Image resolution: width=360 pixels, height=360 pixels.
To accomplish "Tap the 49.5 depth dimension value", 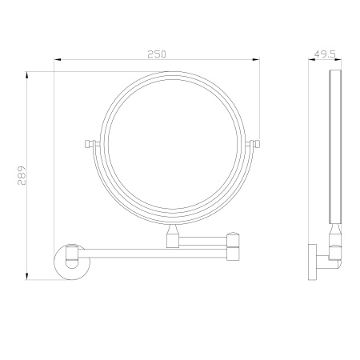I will click(324, 54).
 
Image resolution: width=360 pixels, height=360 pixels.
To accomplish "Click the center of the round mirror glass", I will click(174, 144).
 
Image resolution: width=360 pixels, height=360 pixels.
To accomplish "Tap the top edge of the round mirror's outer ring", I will click(174, 72).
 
